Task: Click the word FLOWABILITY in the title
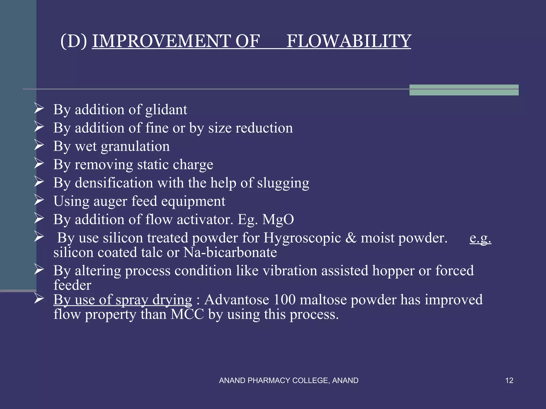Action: point(349,41)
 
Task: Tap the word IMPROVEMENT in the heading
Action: point(162,41)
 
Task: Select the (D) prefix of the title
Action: point(74,41)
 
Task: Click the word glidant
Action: point(166,110)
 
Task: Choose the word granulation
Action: point(135,146)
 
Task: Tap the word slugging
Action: point(283,183)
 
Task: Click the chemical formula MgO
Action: point(278,220)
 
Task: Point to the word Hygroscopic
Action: point(302,238)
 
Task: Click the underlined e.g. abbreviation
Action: point(480,238)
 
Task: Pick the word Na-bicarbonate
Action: point(230,252)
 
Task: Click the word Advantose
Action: point(236,300)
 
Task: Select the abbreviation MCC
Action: point(187,314)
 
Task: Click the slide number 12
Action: point(509,381)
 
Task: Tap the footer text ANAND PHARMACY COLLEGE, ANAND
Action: point(289,381)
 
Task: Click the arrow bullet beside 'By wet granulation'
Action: point(39,145)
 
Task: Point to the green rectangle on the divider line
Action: point(464,90)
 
